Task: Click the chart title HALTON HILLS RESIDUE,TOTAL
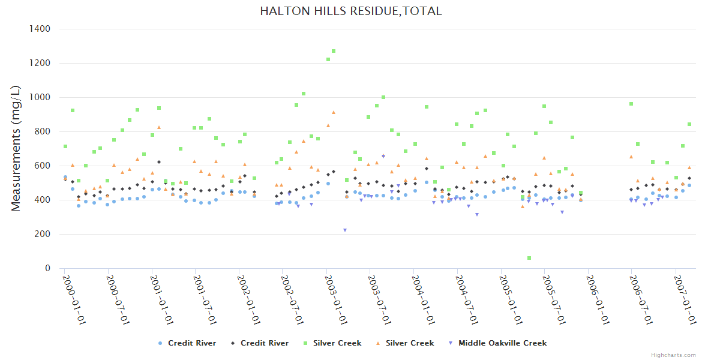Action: tap(351, 11)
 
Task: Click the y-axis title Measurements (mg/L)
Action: tap(16, 148)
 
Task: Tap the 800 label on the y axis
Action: tap(43, 131)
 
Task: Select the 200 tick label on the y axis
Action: tap(43, 234)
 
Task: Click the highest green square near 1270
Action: tap(334, 51)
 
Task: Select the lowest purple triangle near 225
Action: tap(345, 230)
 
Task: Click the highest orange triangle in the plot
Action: tap(334, 112)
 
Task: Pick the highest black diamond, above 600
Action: tap(159, 162)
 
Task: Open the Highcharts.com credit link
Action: tap(673, 355)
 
